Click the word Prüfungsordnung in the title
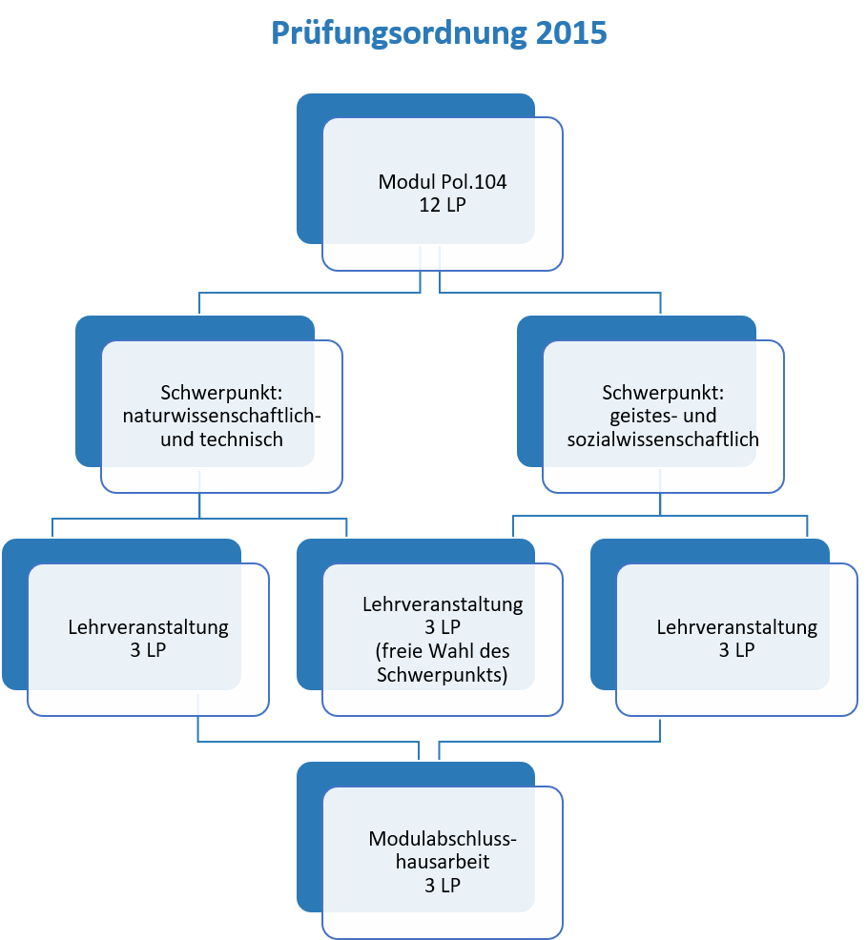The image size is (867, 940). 399,33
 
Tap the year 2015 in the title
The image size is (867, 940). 571,32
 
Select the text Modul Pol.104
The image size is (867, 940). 443,182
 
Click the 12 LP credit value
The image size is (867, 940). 443,205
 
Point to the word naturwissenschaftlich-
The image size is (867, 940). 222,416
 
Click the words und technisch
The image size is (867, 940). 222,439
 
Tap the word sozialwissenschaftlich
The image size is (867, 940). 663,439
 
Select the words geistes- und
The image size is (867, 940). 663,416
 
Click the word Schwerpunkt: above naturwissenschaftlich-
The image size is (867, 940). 222,393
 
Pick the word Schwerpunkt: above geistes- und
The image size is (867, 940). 663,393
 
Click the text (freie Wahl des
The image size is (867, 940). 443,651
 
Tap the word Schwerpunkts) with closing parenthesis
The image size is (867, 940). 443,675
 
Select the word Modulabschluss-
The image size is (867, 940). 443,838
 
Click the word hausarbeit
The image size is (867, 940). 443,862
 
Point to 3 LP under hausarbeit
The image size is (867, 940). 443,886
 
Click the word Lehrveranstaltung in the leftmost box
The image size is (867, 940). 148,627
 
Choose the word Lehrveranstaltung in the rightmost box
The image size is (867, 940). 737,627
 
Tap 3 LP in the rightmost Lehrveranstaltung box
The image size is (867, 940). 737,650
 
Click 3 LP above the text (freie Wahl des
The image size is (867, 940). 443,627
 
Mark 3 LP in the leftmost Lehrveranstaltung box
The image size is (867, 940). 148,650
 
